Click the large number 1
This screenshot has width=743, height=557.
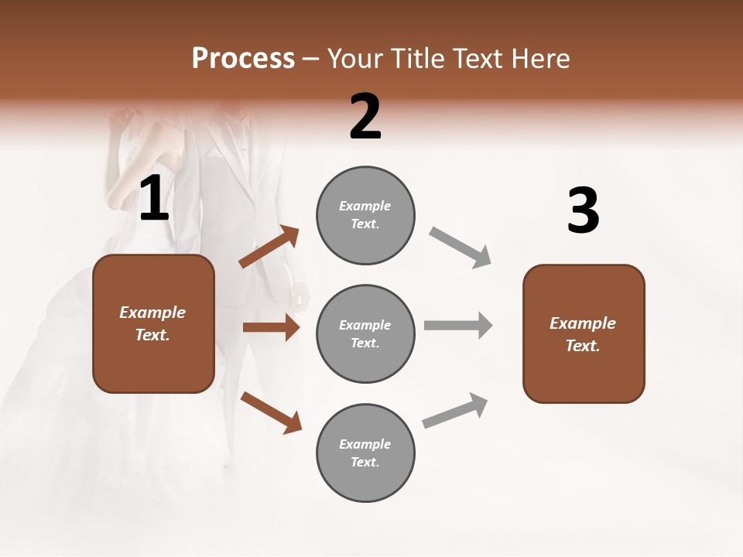(x=154, y=200)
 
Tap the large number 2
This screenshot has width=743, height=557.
(x=365, y=117)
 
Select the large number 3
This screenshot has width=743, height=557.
(x=583, y=211)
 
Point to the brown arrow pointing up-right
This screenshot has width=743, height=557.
(x=269, y=247)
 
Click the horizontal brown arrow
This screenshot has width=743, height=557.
(x=271, y=327)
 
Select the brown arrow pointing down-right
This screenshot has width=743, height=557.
(x=271, y=412)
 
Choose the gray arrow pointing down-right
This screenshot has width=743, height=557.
(x=461, y=248)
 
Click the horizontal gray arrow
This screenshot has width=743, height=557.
(x=458, y=325)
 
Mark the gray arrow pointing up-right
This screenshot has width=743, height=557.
(x=455, y=410)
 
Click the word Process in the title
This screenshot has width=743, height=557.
(x=243, y=58)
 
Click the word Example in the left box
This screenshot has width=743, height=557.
(x=152, y=313)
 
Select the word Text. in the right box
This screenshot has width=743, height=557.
(x=583, y=346)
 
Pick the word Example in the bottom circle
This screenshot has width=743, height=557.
(x=365, y=444)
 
